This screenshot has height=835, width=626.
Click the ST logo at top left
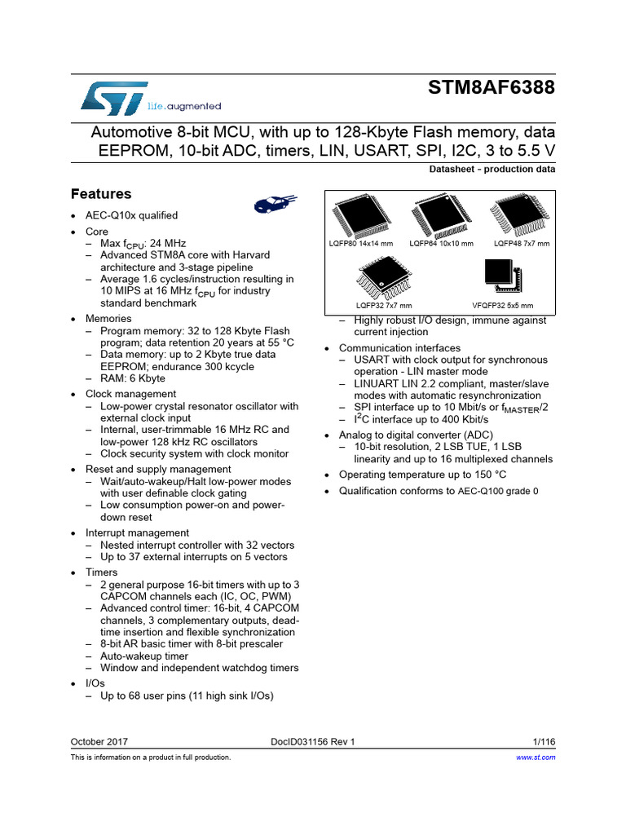[x=114, y=98]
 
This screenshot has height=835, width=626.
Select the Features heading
[x=101, y=194]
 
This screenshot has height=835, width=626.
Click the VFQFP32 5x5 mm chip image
[x=502, y=276]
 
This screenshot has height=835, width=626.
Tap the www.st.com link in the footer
[x=536, y=758]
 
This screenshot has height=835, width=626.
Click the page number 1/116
[x=544, y=742]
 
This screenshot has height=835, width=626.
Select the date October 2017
[x=99, y=742]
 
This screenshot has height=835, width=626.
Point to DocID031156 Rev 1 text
[x=313, y=742]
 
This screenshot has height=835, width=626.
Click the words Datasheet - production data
[x=492, y=170]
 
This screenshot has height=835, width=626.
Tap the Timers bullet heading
[x=101, y=573]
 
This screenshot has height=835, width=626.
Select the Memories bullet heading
[x=108, y=319]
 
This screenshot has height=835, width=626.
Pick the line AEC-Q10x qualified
[x=131, y=215]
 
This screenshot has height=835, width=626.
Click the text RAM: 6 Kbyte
[x=133, y=378]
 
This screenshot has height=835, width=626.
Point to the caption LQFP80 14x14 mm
[x=361, y=244]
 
